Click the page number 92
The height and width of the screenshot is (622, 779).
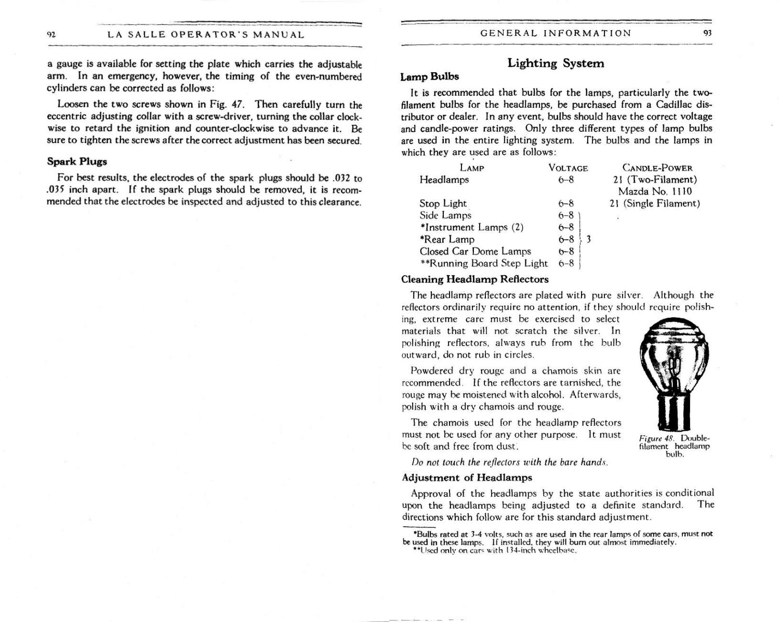point(51,35)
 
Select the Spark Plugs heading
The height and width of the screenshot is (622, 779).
point(77,161)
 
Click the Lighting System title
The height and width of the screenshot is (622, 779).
point(556,63)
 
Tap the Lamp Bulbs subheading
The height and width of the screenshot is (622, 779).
point(429,76)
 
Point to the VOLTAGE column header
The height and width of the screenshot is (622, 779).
point(567,168)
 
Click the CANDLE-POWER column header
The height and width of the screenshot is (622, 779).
point(657,168)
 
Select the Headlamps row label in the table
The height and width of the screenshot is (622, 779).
point(444,180)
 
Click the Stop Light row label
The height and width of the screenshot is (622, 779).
point(443,203)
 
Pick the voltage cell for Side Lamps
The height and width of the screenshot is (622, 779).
point(565,215)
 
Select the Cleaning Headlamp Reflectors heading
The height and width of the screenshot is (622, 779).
point(474,279)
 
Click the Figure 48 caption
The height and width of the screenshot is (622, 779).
point(674,446)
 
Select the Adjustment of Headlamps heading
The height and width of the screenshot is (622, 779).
point(467,477)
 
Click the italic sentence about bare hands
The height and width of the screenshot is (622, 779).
point(509,462)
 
